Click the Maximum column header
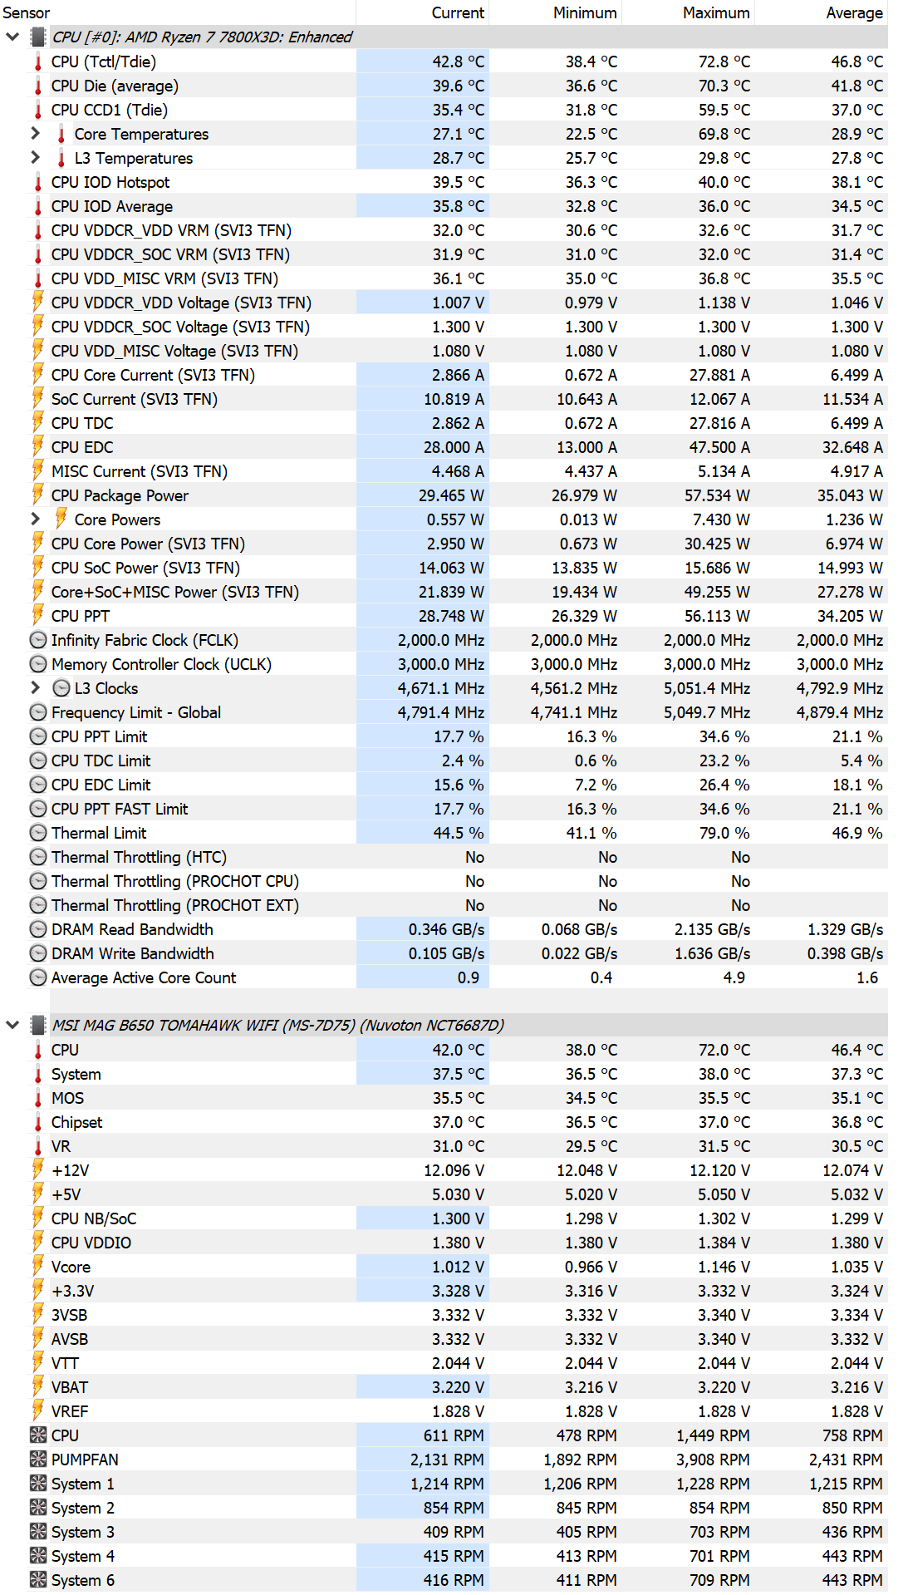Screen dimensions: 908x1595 (x=716, y=12)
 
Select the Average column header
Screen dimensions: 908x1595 (x=854, y=12)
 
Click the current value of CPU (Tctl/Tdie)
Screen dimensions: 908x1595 (x=458, y=62)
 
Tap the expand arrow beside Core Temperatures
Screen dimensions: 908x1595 (x=35, y=133)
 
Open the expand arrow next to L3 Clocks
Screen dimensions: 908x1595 (x=35, y=687)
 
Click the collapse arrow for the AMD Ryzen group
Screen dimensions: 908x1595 (x=12, y=37)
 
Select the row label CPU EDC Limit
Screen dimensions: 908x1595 (x=101, y=785)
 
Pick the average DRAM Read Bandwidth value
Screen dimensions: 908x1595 (x=845, y=929)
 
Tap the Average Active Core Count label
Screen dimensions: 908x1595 (x=144, y=977)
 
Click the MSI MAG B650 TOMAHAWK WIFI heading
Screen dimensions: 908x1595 (x=278, y=1025)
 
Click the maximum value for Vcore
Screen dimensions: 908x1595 (x=724, y=1267)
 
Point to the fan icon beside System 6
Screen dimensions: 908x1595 (x=38, y=1580)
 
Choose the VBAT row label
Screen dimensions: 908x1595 (x=70, y=1387)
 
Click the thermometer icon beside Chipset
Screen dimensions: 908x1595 (x=38, y=1122)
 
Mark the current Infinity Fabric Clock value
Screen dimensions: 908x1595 (x=441, y=640)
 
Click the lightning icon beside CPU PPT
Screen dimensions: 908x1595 (x=38, y=615)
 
